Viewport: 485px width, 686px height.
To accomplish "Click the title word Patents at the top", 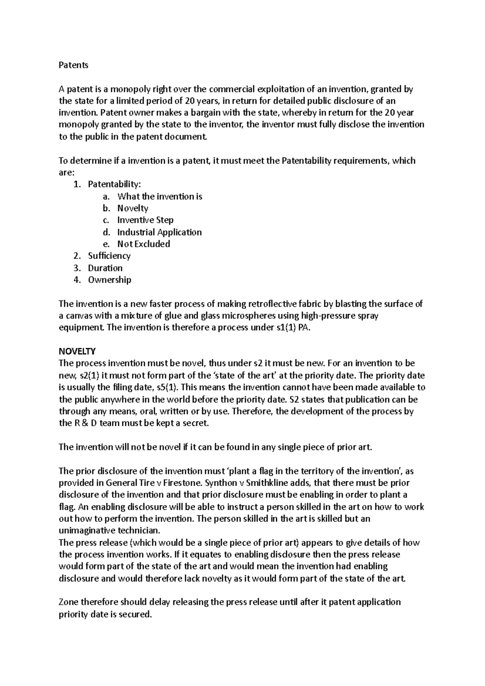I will (x=73, y=65).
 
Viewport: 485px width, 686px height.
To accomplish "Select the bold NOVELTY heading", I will (x=77, y=351).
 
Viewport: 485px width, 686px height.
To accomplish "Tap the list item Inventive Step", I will (x=145, y=220).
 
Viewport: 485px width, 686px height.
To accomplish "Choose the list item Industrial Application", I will (x=159, y=232).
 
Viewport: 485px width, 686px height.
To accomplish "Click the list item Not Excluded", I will (x=143, y=244).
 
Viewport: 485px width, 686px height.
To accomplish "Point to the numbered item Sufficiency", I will (x=109, y=256).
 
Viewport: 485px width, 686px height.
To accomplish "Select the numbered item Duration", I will (x=105, y=268).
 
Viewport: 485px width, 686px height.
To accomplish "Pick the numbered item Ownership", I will (x=110, y=280).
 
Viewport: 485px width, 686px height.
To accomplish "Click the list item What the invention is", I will (x=160, y=197).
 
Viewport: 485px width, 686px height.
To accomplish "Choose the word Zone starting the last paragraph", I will (x=68, y=602).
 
